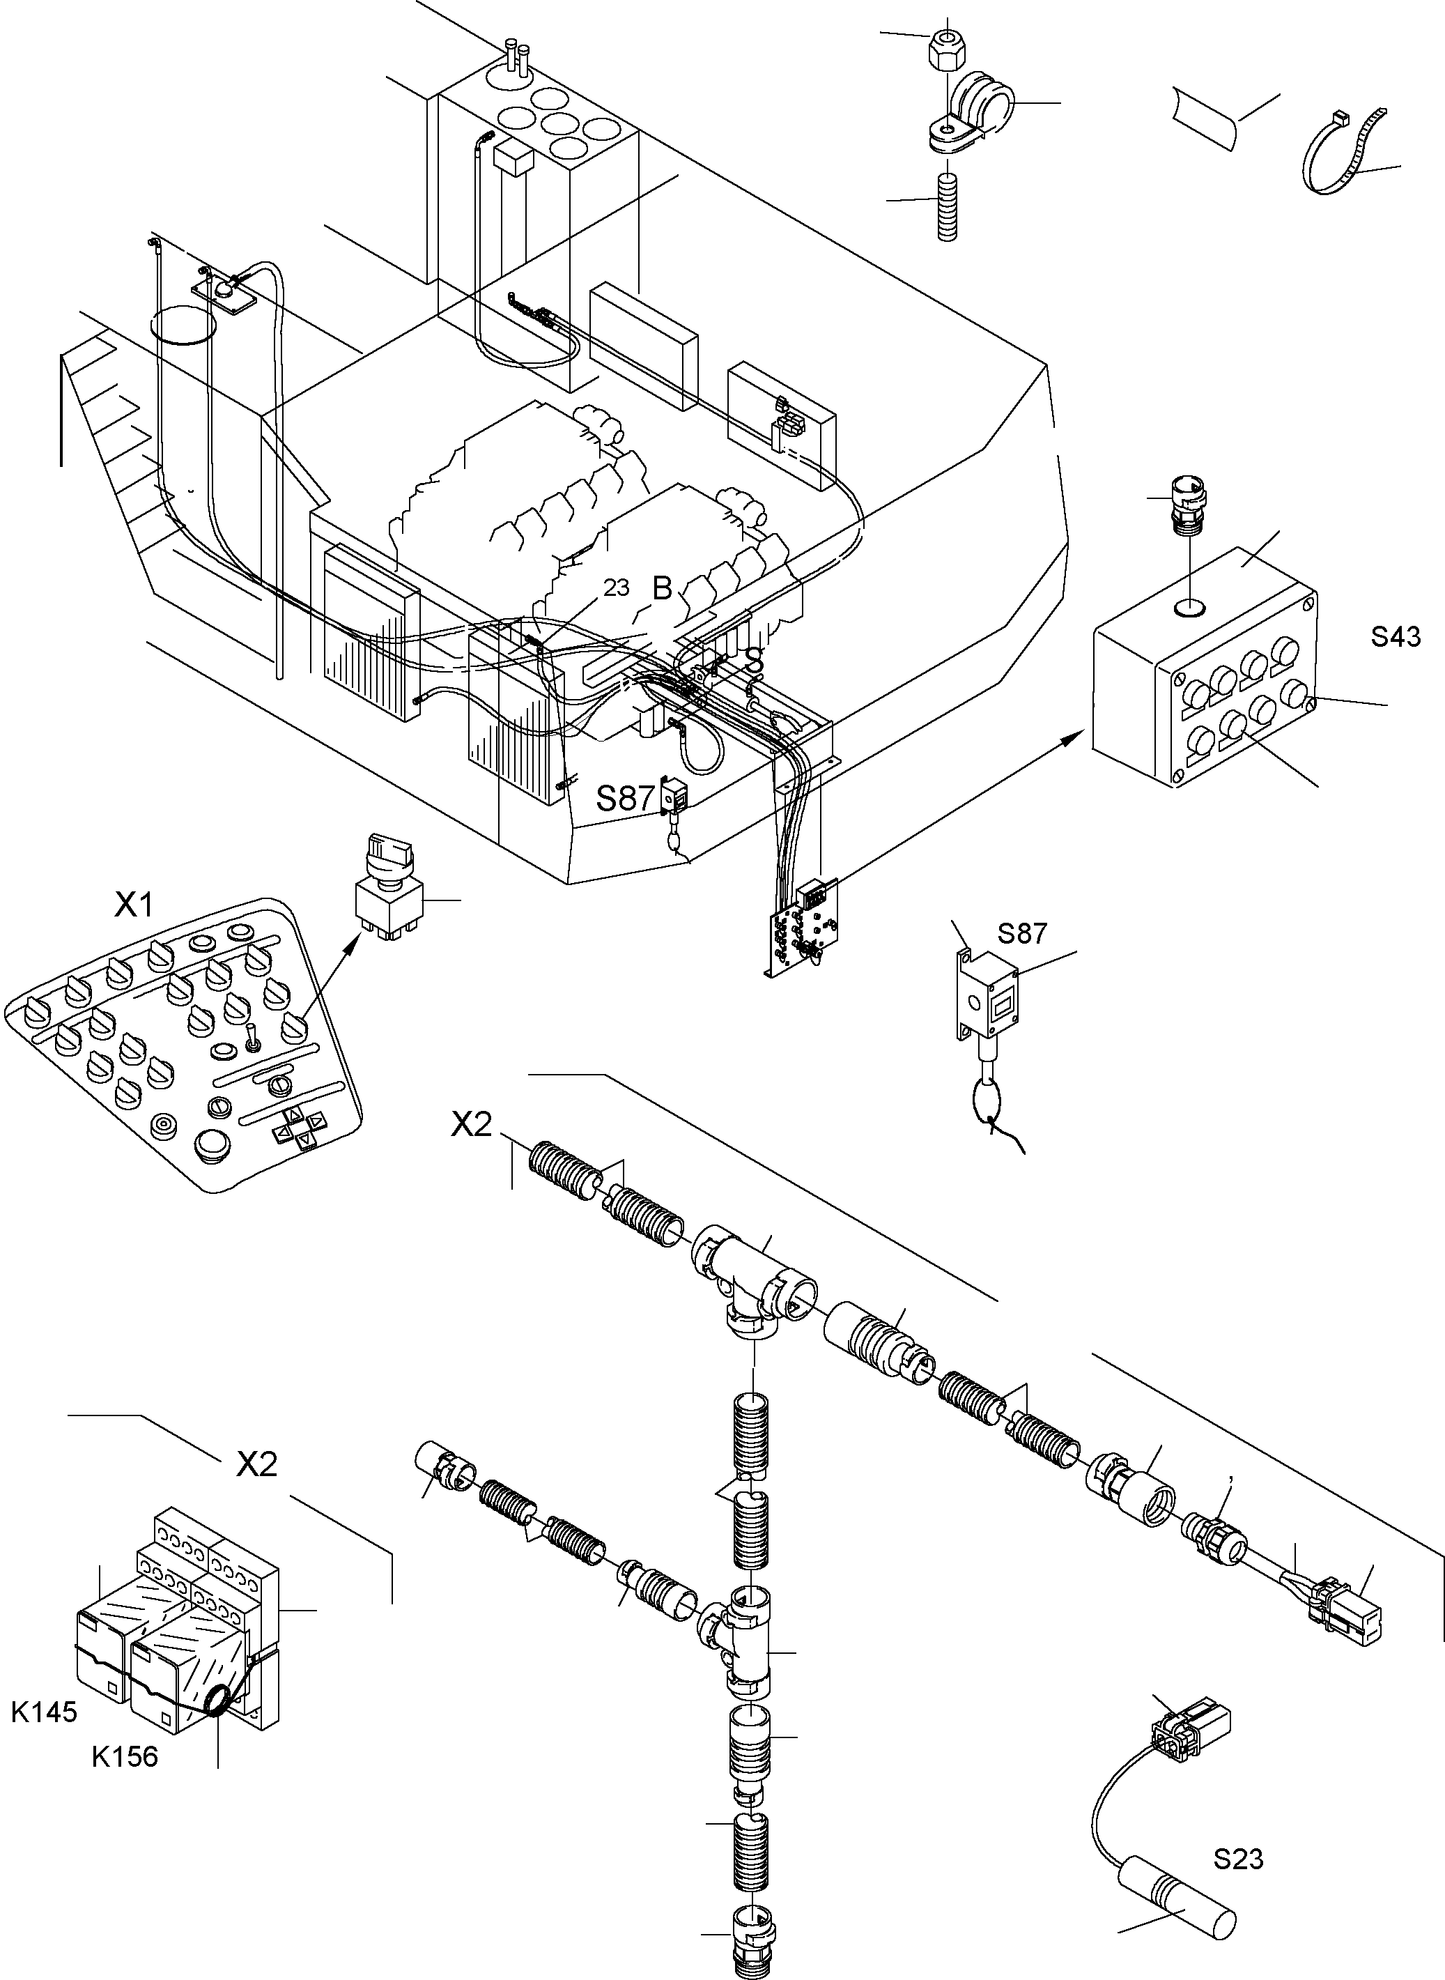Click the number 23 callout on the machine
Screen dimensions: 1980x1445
coord(616,588)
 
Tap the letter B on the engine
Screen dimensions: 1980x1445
coord(662,589)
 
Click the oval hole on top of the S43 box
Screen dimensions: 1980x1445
coord(1189,606)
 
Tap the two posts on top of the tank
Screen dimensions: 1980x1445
coord(516,61)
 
